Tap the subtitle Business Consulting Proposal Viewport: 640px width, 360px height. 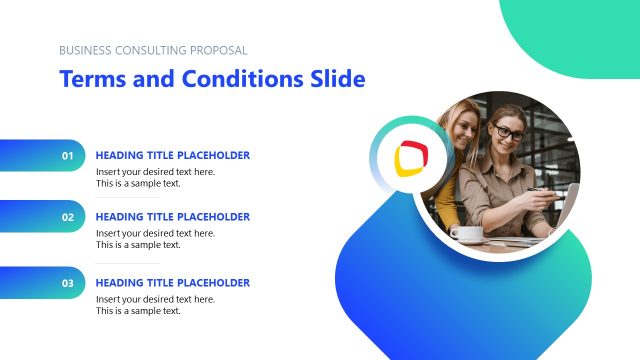click(x=153, y=50)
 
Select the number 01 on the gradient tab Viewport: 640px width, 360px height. click(x=68, y=156)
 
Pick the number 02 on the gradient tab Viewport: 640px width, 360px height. click(x=68, y=217)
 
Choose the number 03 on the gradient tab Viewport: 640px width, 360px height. click(x=68, y=283)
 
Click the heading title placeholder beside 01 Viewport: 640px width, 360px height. click(x=172, y=155)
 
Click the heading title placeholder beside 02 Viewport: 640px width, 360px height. click(x=172, y=217)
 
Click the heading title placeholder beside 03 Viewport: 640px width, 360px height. click(x=172, y=283)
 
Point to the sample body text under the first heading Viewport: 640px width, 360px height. click(x=155, y=178)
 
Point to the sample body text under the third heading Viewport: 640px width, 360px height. click(x=155, y=305)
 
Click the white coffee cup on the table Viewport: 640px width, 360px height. click(x=466, y=233)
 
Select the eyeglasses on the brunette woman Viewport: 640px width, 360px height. click(x=508, y=132)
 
